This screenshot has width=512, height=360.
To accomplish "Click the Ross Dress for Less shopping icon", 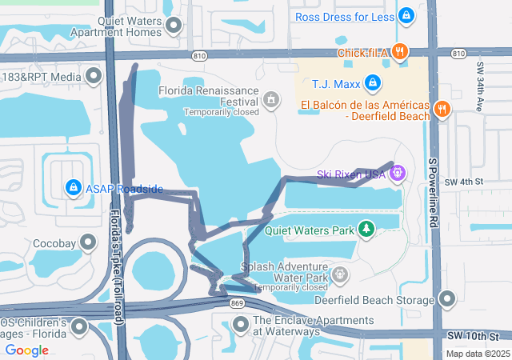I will tap(406, 15).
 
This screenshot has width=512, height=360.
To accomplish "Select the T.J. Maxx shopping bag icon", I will tap(372, 82).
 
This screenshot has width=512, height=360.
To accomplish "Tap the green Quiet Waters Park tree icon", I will tap(366, 230).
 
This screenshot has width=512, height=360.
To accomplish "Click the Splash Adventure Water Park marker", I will tap(340, 275).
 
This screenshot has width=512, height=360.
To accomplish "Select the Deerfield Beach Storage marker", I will tap(447, 300).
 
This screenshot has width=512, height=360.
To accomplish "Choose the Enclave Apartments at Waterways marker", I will tap(240, 325).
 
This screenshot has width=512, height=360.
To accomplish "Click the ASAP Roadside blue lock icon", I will tap(73, 188).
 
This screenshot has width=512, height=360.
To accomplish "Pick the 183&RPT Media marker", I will tap(94, 77).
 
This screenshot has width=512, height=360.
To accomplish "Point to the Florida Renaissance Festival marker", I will tap(271, 99).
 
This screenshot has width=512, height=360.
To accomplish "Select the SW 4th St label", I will tap(466, 182).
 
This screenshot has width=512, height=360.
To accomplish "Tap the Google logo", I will tap(26, 350).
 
